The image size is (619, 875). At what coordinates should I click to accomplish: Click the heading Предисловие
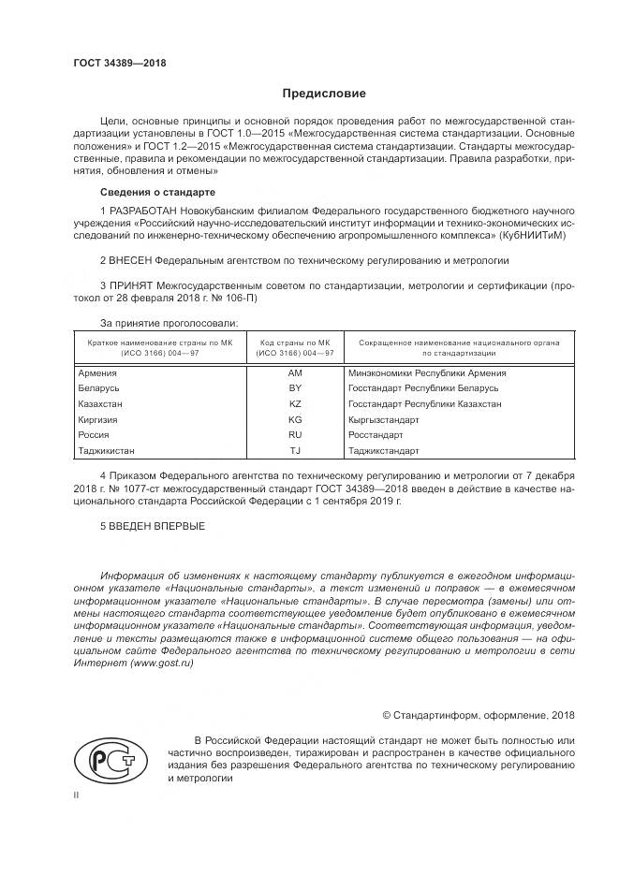(x=325, y=94)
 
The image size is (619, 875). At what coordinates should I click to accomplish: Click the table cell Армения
(x=98, y=372)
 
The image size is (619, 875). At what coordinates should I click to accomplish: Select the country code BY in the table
(x=295, y=388)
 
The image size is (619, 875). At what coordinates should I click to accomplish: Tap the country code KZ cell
(x=295, y=404)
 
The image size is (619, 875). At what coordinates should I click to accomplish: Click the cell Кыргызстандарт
(x=383, y=420)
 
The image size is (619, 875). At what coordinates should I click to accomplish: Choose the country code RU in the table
(x=295, y=435)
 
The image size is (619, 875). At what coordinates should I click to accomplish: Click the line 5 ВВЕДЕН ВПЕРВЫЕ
(x=152, y=526)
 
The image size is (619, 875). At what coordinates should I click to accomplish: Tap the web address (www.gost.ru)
(x=162, y=663)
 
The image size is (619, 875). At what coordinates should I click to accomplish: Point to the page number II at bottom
(x=77, y=795)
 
